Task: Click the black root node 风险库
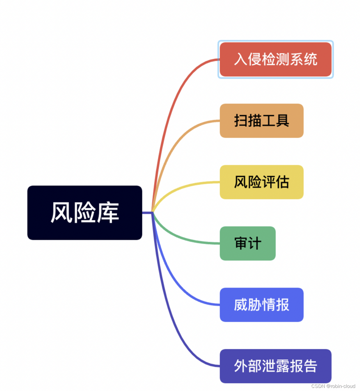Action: pyautogui.click(x=85, y=212)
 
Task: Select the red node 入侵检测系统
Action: pyautogui.click(x=275, y=59)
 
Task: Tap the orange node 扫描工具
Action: pyautogui.click(x=262, y=120)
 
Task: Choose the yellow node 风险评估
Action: pyautogui.click(x=262, y=182)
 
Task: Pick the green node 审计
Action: pyautogui.click(x=247, y=243)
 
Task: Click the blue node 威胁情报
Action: pyautogui.click(x=262, y=305)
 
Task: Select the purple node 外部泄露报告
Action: pyautogui.click(x=275, y=366)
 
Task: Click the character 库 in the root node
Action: pyautogui.click(x=108, y=212)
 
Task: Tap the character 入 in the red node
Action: pyautogui.click(x=241, y=59)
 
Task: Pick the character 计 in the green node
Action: pyautogui.click(x=254, y=243)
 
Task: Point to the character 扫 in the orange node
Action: pyautogui.click(x=241, y=120)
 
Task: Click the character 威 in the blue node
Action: pyautogui.click(x=241, y=305)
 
